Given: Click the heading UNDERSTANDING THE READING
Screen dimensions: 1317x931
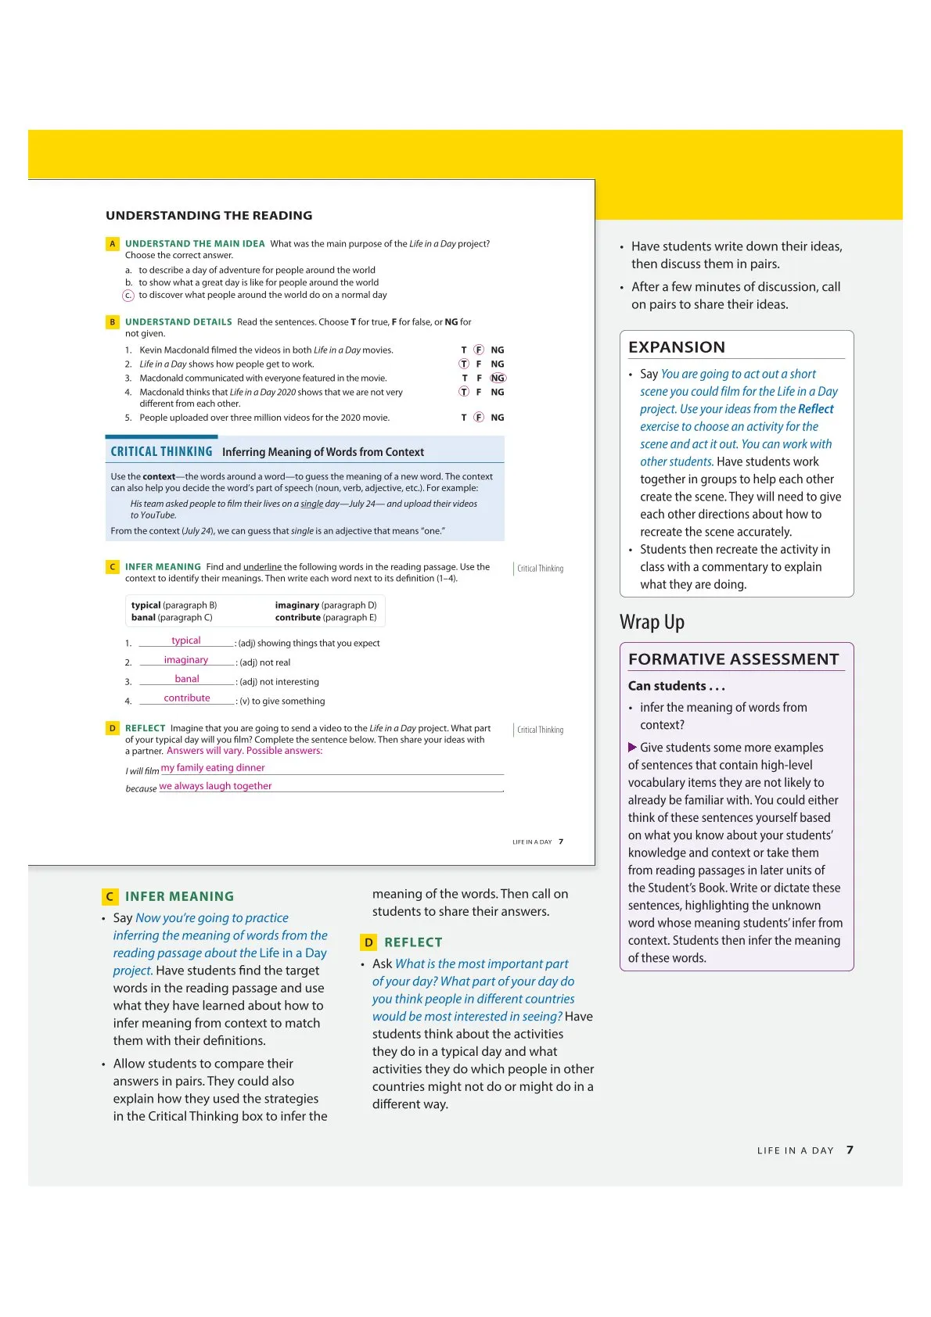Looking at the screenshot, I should pyautogui.click(x=209, y=215).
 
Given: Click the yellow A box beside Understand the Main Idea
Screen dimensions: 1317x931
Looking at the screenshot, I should pyautogui.click(x=113, y=244).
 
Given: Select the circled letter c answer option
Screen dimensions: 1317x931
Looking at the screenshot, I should pyautogui.click(x=128, y=296).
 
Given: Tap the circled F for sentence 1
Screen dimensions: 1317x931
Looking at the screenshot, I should pyautogui.click(x=479, y=350).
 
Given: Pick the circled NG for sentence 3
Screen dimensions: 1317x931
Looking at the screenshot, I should pyautogui.click(x=498, y=379).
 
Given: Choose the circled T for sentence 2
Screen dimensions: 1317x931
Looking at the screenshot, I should pyautogui.click(x=464, y=364).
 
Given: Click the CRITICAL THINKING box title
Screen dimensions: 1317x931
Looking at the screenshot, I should pyautogui.click(x=161, y=452).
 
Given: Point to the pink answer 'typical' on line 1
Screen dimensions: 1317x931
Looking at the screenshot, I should pyautogui.click(x=186, y=641).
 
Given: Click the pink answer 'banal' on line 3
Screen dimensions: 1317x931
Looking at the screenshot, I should pyautogui.click(x=187, y=679).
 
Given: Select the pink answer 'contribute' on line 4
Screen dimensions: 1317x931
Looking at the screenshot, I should pyautogui.click(x=187, y=698).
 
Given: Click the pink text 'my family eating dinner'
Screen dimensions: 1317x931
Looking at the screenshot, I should pyautogui.click(x=213, y=768).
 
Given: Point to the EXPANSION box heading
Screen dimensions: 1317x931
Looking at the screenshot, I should pyautogui.click(x=677, y=347).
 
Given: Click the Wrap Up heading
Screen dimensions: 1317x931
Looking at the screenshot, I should pyautogui.click(x=652, y=623).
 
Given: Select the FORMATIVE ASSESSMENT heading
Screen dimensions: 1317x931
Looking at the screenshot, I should pyautogui.click(x=733, y=659).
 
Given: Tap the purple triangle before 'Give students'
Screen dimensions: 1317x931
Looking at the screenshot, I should pyautogui.click(x=632, y=748).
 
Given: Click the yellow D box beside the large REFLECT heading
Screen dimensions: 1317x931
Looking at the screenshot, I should pyautogui.click(x=368, y=942).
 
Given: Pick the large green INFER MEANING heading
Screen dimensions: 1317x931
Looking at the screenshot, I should pyautogui.click(x=179, y=896).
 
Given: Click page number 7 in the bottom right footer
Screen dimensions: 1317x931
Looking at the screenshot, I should pyautogui.click(x=850, y=1150).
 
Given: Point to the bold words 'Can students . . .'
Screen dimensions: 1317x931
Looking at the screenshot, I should pyautogui.click(x=677, y=686).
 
